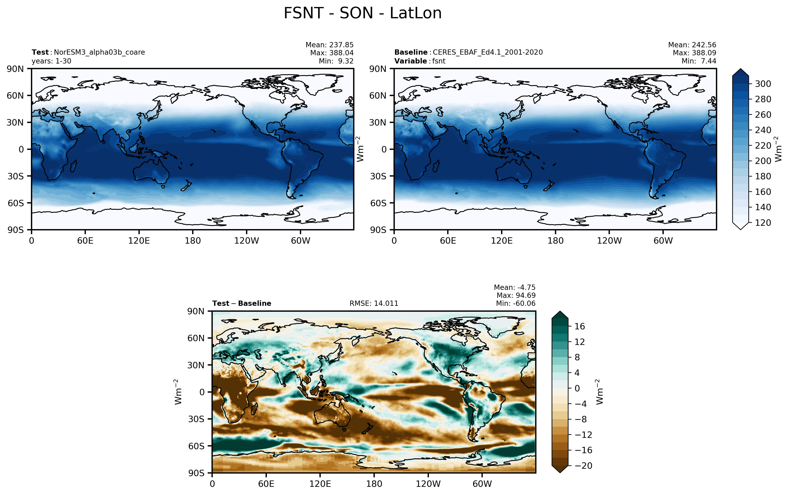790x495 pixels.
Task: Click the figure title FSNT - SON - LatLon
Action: [x=362, y=13]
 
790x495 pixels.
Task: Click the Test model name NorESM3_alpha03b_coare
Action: [x=99, y=52]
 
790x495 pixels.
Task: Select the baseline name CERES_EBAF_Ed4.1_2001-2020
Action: [x=488, y=52]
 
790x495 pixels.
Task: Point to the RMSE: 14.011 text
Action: [x=374, y=304]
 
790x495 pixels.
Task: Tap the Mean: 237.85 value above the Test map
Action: [x=329, y=45]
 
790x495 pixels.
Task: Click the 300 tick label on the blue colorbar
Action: [x=763, y=84]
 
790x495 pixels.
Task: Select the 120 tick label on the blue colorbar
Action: [x=763, y=223]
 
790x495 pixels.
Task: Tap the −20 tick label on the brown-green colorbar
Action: [x=584, y=466]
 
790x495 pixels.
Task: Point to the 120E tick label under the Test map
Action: [x=139, y=241]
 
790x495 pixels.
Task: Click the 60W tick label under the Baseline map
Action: [x=663, y=241]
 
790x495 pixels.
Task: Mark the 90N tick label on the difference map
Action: [x=196, y=311]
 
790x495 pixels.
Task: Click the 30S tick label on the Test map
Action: [x=15, y=176]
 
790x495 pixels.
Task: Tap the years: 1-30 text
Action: [x=51, y=61]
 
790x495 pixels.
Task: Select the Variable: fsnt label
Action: [x=420, y=61]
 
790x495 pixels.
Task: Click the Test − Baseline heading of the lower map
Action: [x=242, y=304]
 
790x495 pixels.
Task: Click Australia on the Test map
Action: [x=151, y=172]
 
